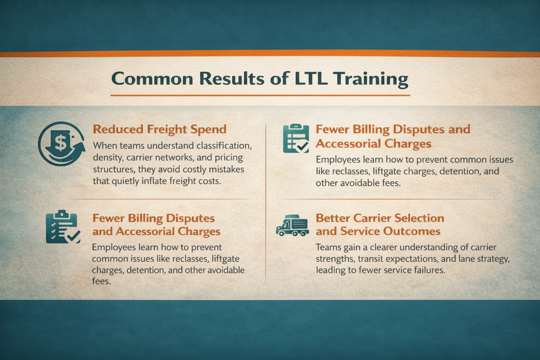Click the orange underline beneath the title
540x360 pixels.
[x=260, y=95]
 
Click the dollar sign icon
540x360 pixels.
[x=61, y=144]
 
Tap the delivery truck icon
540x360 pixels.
[x=292, y=226]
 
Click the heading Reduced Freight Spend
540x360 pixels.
[x=159, y=129]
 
